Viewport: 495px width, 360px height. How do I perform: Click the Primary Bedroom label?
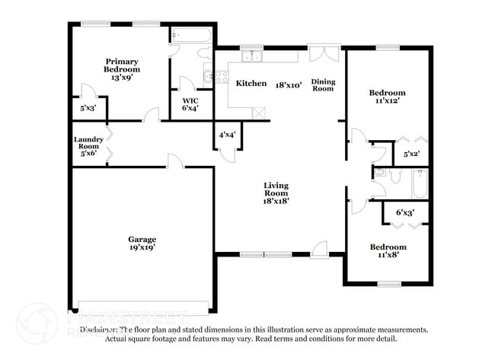click(122, 65)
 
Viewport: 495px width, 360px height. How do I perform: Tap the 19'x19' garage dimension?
click(142, 247)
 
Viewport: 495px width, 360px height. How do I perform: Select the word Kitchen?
click(251, 83)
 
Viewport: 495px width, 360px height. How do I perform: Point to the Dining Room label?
click(324, 84)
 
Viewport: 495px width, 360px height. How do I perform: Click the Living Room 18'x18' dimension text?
click(276, 201)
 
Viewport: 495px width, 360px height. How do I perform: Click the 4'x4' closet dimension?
click(227, 135)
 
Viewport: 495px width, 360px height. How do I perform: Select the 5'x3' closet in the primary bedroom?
click(88, 108)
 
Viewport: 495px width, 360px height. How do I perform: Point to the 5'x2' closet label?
click(411, 155)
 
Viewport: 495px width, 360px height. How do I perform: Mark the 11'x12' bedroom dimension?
click(388, 100)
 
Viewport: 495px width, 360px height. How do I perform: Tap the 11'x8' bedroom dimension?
click(388, 255)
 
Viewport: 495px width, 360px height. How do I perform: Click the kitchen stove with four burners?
click(222, 76)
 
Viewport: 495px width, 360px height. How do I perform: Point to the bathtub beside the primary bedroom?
click(193, 35)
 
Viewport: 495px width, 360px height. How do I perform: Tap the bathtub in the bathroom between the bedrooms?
click(420, 183)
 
